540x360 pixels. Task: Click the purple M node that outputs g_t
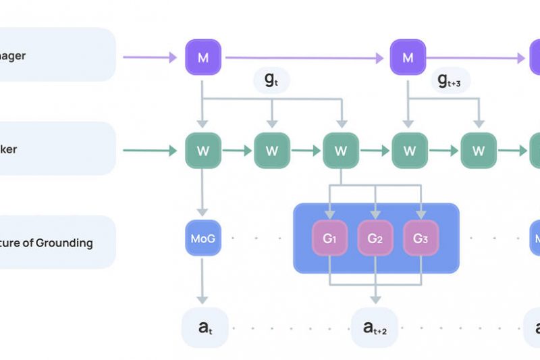203,57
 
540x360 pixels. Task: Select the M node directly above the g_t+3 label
408,57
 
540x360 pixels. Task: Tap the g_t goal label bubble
271,80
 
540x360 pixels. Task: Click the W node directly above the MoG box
203,151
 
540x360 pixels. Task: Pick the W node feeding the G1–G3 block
341,151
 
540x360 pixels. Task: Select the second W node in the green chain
272,151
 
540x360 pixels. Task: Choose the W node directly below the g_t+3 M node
408,151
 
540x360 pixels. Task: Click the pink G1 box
329,238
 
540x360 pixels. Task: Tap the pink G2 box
375,238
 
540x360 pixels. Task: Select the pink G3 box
421,238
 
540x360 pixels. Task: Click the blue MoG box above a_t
203,238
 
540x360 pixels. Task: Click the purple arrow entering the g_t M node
152,57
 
